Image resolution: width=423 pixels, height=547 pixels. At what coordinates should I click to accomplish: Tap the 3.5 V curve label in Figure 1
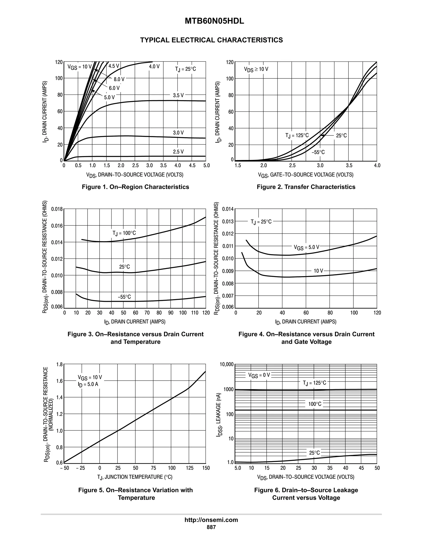tap(178, 95)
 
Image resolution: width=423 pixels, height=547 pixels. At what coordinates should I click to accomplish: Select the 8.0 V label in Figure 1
tap(119, 79)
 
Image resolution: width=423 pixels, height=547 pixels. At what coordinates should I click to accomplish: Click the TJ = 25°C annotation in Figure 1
tap(185, 69)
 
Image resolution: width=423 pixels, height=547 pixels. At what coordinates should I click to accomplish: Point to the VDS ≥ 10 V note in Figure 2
tap(256, 69)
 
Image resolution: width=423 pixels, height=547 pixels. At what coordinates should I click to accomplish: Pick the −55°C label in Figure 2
tap(318, 152)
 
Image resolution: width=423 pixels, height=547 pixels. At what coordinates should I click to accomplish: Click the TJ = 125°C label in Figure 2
tap(297, 135)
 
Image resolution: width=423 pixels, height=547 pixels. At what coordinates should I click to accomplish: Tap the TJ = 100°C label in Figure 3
tap(124, 233)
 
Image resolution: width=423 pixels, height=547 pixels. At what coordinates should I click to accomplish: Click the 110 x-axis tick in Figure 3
tap(194, 313)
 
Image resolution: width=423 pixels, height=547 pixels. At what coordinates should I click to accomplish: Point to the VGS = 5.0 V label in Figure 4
tap(307, 247)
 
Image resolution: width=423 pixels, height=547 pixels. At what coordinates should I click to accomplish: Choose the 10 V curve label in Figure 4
tap(318, 271)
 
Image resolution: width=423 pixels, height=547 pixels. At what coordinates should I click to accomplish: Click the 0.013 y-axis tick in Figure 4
tap(228, 222)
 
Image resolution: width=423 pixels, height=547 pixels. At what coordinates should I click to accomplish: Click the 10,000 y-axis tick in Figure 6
tap(227, 364)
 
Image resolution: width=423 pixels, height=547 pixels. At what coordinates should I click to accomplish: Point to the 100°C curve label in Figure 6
tap(315, 404)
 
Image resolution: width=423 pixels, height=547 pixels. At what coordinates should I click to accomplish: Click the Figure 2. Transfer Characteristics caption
tap(306, 187)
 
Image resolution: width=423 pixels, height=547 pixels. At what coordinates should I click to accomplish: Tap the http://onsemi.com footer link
tap(211, 520)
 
